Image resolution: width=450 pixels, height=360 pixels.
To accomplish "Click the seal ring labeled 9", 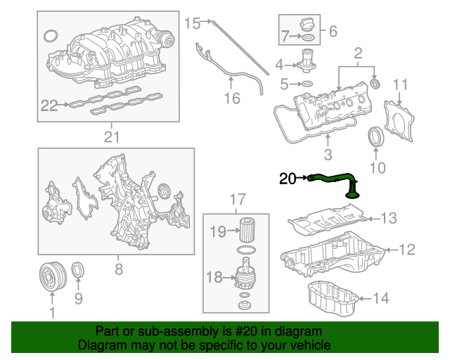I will click(78, 270).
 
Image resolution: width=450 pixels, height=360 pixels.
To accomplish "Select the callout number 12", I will click(407, 249).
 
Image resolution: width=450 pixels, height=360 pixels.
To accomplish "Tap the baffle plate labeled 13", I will click(326, 221).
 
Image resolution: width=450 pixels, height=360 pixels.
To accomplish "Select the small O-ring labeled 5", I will click(306, 85).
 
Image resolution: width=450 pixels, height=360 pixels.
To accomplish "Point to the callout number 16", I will click(231, 98).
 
